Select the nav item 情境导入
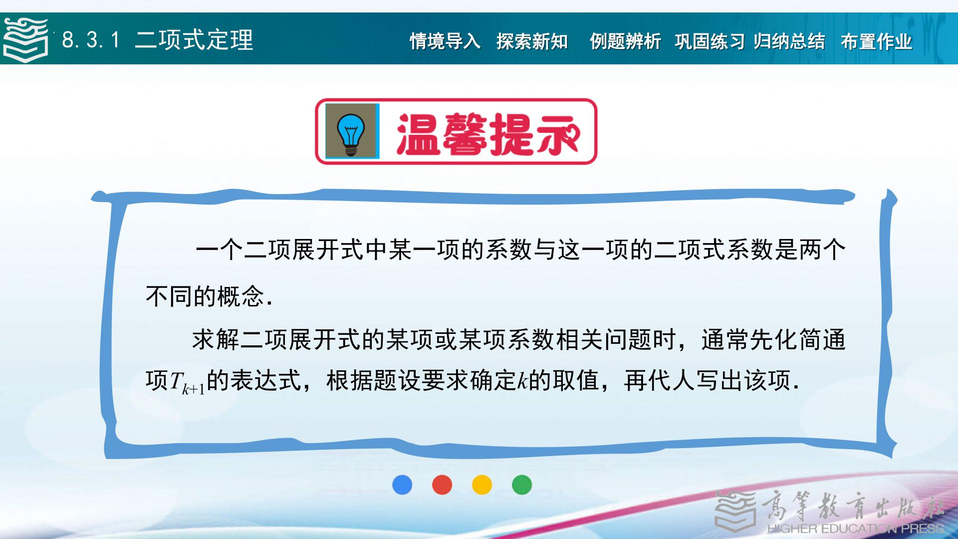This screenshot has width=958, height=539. (x=445, y=41)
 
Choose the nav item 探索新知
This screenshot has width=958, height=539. (x=532, y=41)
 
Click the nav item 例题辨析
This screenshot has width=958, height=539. (x=625, y=41)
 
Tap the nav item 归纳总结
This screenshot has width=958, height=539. (x=789, y=41)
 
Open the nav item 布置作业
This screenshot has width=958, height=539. (x=876, y=41)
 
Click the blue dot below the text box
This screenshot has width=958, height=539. (x=402, y=485)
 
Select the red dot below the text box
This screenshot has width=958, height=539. (x=442, y=485)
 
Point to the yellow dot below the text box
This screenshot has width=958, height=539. (x=482, y=485)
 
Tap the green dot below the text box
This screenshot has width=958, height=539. (x=522, y=485)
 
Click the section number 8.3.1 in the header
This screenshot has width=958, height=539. (x=91, y=40)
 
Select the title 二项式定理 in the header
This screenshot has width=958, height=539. (x=194, y=40)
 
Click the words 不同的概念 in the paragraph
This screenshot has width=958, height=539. (x=205, y=296)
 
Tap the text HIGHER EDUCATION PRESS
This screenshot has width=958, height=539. (x=856, y=529)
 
